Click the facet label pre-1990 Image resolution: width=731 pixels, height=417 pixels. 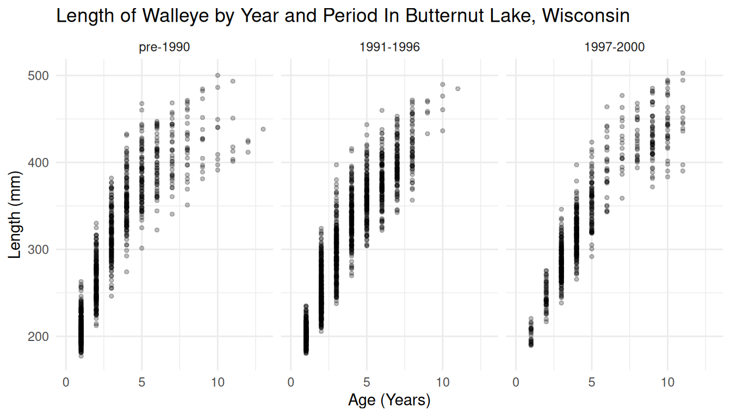click(x=164, y=47)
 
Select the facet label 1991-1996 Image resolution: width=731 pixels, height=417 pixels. click(x=389, y=47)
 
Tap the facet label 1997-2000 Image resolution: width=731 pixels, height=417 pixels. click(x=614, y=47)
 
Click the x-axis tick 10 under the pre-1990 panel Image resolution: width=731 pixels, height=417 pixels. click(x=218, y=382)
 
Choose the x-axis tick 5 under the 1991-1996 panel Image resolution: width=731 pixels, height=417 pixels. click(x=367, y=382)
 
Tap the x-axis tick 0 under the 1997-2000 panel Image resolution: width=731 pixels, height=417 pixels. click(x=516, y=382)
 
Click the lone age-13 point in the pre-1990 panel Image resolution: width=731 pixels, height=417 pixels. click(x=263, y=129)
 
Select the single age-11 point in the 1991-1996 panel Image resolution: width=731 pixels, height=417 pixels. click(x=457, y=89)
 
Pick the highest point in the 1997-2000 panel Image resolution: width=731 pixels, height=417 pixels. click(x=683, y=73)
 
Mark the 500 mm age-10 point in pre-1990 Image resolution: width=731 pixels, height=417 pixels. click(x=218, y=75)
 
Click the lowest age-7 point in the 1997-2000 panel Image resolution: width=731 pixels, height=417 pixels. click(x=622, y=198)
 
